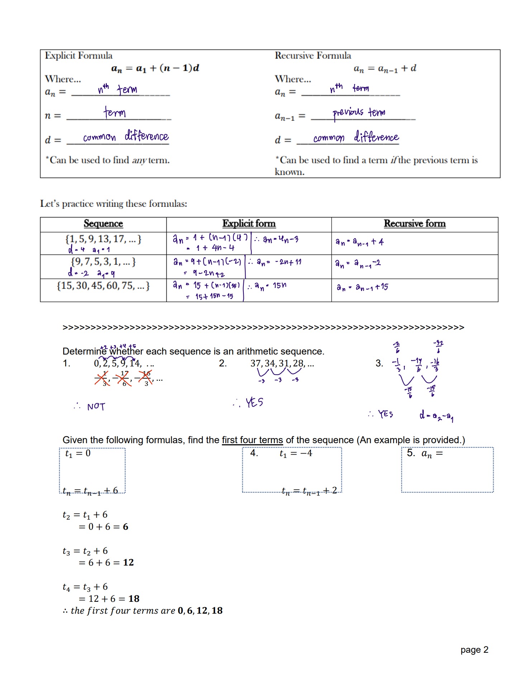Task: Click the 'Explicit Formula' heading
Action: (x=79, y=56)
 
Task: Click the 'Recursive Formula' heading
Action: (x=313, y=56)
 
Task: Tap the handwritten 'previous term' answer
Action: (x=359, y=113)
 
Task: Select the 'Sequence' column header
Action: (x=103, y=224)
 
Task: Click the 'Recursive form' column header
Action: (x=414, y=224)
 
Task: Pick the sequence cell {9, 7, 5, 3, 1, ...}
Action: (x=103, y=262)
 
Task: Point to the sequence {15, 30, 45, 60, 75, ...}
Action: (x=103, y=286)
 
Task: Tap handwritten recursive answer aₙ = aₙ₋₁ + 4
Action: (x=360, y=242)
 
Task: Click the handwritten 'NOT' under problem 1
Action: (x=96, y=407)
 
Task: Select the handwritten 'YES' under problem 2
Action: (x=254, y=403)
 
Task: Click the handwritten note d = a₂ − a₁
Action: (x=436, y=416)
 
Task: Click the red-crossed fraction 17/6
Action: (x=124, y=378)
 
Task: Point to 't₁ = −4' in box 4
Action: (x=296, y=454)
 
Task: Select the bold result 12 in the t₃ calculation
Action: (x=128, y=563)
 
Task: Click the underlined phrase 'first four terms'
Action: (x=252, y=440)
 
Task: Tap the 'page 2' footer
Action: (x=474, y=650)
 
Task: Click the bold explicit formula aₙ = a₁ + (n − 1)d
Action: (x=155, y=68)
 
